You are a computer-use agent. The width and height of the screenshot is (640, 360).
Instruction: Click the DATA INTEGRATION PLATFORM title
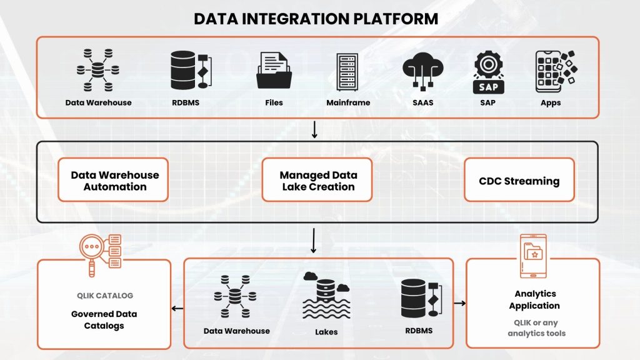click(316, 18)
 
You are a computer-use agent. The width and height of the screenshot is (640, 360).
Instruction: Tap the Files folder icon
click(273, 71)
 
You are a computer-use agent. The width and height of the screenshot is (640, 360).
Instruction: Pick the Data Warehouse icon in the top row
click(97, 71)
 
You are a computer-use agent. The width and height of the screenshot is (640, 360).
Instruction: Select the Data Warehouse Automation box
click(114, 181)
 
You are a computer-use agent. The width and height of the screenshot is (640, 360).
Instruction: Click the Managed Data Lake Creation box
click(317, 181)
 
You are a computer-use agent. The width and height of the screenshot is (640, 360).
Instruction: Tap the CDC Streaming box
click(519, 181)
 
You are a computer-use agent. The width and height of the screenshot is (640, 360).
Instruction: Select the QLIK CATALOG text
click(105, 296)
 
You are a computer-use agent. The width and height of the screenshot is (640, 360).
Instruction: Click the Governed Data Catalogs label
click(105, 319)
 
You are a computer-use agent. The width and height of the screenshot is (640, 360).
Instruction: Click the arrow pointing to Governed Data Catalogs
click(177, 307)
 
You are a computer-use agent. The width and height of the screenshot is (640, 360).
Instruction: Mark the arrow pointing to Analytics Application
click(460, 304)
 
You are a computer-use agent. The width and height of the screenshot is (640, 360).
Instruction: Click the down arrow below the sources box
click(315, 129)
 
